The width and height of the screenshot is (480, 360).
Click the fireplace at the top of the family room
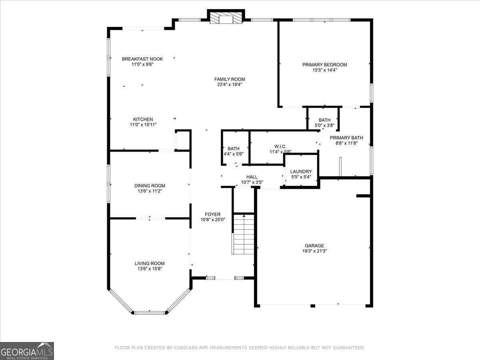226,18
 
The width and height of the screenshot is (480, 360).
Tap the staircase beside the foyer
243,234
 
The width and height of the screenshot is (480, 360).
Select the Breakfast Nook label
142,59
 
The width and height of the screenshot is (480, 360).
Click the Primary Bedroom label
324,65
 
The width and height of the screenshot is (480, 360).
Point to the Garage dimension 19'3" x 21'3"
314,251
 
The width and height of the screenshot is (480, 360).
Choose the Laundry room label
301,172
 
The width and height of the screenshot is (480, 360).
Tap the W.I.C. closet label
280,146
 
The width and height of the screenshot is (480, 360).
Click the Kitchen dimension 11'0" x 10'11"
143,125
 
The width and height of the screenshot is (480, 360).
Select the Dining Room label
150,186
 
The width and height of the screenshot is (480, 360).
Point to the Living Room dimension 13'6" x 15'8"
150,269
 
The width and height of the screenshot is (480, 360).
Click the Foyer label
212,214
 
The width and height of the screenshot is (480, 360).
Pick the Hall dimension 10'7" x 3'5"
252,182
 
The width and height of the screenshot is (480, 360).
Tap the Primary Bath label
346,138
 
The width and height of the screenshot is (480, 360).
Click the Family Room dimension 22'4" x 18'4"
230,85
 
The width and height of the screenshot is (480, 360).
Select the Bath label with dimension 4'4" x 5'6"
234,149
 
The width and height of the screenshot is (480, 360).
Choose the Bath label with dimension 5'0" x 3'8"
324,120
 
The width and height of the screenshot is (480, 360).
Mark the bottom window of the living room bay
150,313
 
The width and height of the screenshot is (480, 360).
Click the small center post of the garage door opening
313,306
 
